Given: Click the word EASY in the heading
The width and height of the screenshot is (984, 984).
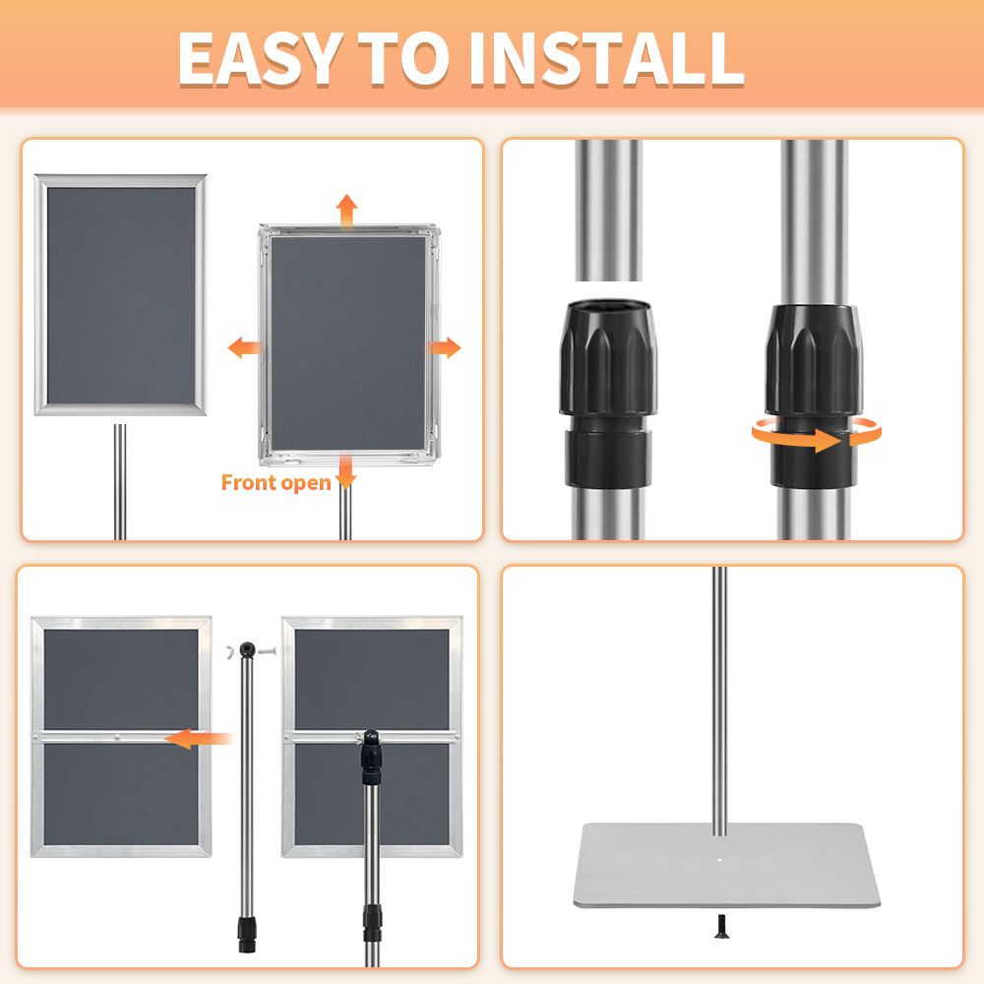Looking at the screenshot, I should click(258, 58).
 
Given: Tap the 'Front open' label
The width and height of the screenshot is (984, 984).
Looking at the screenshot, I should click(276, 482).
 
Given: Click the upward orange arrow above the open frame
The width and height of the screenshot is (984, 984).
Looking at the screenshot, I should click(345, 210).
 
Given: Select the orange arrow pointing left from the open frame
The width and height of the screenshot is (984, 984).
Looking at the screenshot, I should click(245, 347).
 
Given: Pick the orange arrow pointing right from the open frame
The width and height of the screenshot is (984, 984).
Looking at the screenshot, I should click(444, 347).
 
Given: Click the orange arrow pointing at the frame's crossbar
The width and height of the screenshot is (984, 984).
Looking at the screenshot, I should click(198, 738).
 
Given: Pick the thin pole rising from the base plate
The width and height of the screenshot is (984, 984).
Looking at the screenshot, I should click(719, 689).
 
